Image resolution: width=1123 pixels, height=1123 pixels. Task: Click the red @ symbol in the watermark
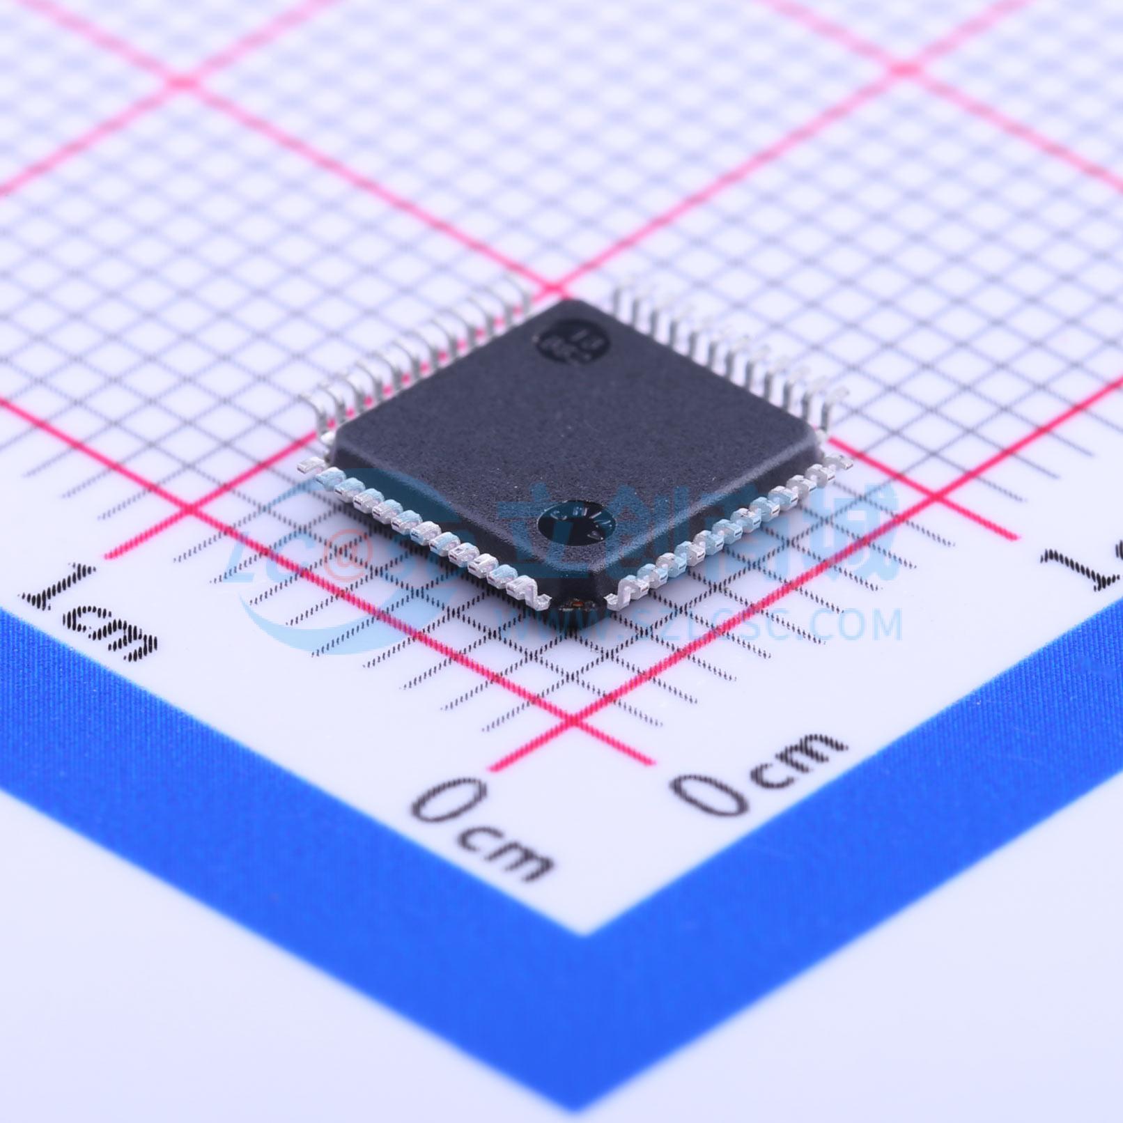pyautogui.click(x=346, y=557)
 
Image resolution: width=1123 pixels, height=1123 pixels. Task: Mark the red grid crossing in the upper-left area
pyautogui.click(x=183, y=82)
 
